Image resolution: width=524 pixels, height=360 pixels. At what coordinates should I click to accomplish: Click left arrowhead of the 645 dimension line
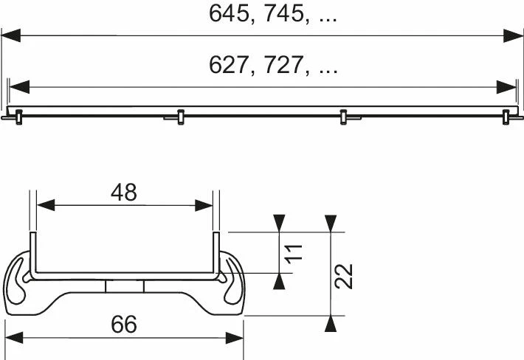tap(11, 35)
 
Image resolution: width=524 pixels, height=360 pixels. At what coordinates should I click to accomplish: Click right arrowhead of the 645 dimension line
tap(514, 35)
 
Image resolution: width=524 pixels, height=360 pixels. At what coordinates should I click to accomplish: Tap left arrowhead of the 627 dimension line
tap(18, 87)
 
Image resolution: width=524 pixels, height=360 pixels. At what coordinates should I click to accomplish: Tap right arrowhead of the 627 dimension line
tap(507, 87)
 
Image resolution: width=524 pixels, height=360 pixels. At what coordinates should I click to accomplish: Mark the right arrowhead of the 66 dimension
tap(234, 337)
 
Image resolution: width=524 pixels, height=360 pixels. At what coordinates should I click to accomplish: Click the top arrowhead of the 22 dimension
tap(331, 222)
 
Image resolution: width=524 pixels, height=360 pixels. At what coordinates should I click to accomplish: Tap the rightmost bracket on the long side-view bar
tap(506, 116)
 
